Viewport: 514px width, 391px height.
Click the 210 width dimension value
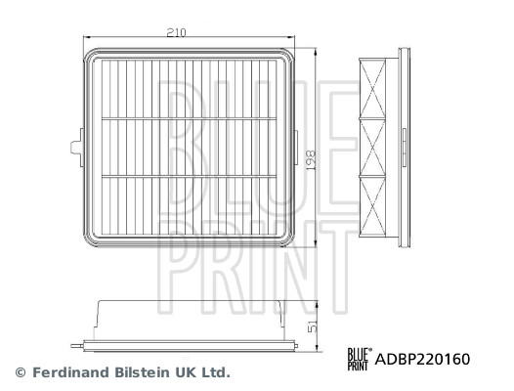176,32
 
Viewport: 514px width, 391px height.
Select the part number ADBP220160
423,359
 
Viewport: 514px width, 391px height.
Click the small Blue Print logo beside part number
360,359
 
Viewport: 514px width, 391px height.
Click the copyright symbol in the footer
21,372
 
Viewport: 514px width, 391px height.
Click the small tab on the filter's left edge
75,148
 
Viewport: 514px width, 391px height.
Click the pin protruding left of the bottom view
78,342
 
